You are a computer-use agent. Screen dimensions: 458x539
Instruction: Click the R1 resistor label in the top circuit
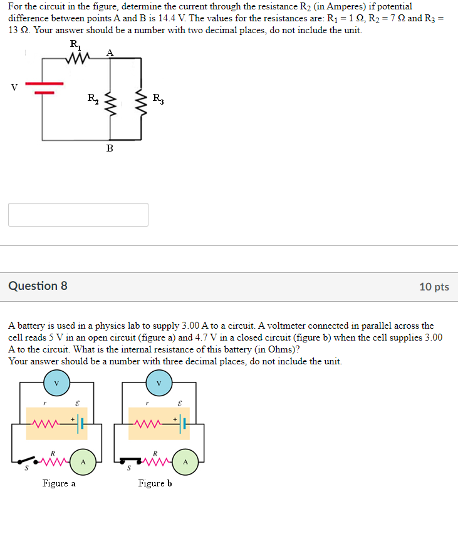(75, 44)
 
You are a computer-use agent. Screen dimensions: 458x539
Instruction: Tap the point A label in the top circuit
(110, 53)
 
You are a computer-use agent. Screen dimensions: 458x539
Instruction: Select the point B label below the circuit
(110, 148)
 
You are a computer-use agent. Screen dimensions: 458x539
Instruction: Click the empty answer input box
(78, 214)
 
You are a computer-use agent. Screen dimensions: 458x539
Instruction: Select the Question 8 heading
(38, 286)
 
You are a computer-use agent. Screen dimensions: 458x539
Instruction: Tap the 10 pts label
(434, 287)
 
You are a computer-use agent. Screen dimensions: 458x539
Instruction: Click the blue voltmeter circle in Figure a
(56, 382)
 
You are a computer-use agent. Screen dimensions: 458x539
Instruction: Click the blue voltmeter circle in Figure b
(159, 382)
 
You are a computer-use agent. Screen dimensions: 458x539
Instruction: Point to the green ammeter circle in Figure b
(185, 462)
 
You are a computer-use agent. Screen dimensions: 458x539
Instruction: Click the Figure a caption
(59, 483)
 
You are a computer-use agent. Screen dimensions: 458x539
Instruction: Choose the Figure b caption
(155, 483)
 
